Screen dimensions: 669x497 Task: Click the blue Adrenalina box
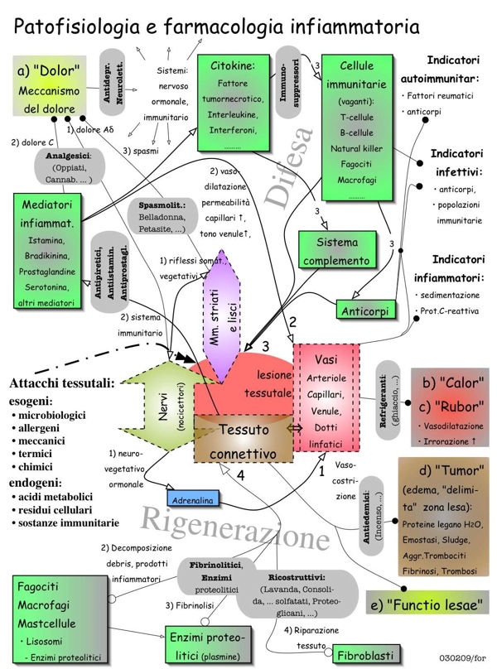pyautogui.click(x=193, y=500)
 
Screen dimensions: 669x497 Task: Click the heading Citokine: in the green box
pyautogui.click(x=233, y=65)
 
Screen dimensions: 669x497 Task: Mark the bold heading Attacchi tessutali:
pyautogui.click(x=62, y=383)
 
